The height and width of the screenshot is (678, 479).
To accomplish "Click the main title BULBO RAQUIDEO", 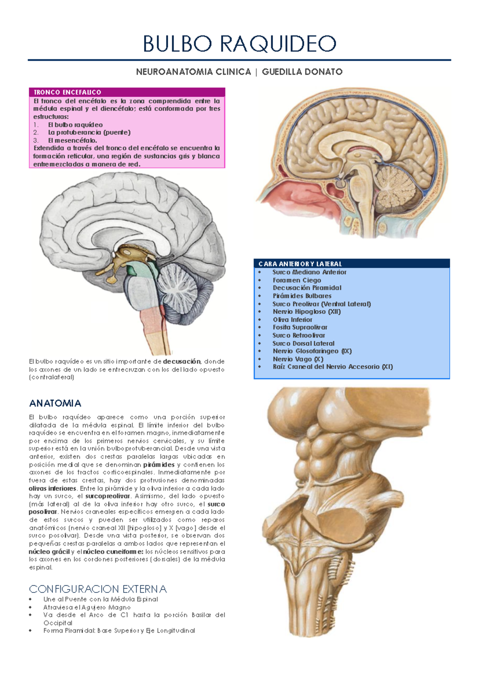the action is coord(239,44).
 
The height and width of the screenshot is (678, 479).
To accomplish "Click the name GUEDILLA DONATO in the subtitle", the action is coord(302,72).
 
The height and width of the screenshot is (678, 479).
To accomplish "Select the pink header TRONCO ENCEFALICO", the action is coord(67,92).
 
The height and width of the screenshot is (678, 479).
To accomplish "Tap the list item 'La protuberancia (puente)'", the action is coord(89,132).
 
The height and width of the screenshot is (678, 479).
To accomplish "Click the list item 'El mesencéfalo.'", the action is coord(73,140).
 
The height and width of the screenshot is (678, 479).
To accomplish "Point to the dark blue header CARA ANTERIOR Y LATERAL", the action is coord(300,263).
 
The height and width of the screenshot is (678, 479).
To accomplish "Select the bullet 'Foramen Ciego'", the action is coord(297,280).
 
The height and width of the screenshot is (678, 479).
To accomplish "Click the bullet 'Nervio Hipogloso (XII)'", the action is coord(307,311).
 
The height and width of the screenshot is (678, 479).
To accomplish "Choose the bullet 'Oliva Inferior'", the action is coord(293,319).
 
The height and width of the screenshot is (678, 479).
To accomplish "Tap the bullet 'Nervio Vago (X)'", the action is coord(298,359).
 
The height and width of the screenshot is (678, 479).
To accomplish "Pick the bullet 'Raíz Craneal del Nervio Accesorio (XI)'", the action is coord(333,367).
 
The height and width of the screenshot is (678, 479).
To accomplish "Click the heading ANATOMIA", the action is coord(55,403).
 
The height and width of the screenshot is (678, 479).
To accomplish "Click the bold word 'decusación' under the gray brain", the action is coord(182,361).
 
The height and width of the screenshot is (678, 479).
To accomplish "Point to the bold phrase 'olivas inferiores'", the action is coord(53,488).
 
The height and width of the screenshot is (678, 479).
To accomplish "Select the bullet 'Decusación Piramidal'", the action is coord(307,287).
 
